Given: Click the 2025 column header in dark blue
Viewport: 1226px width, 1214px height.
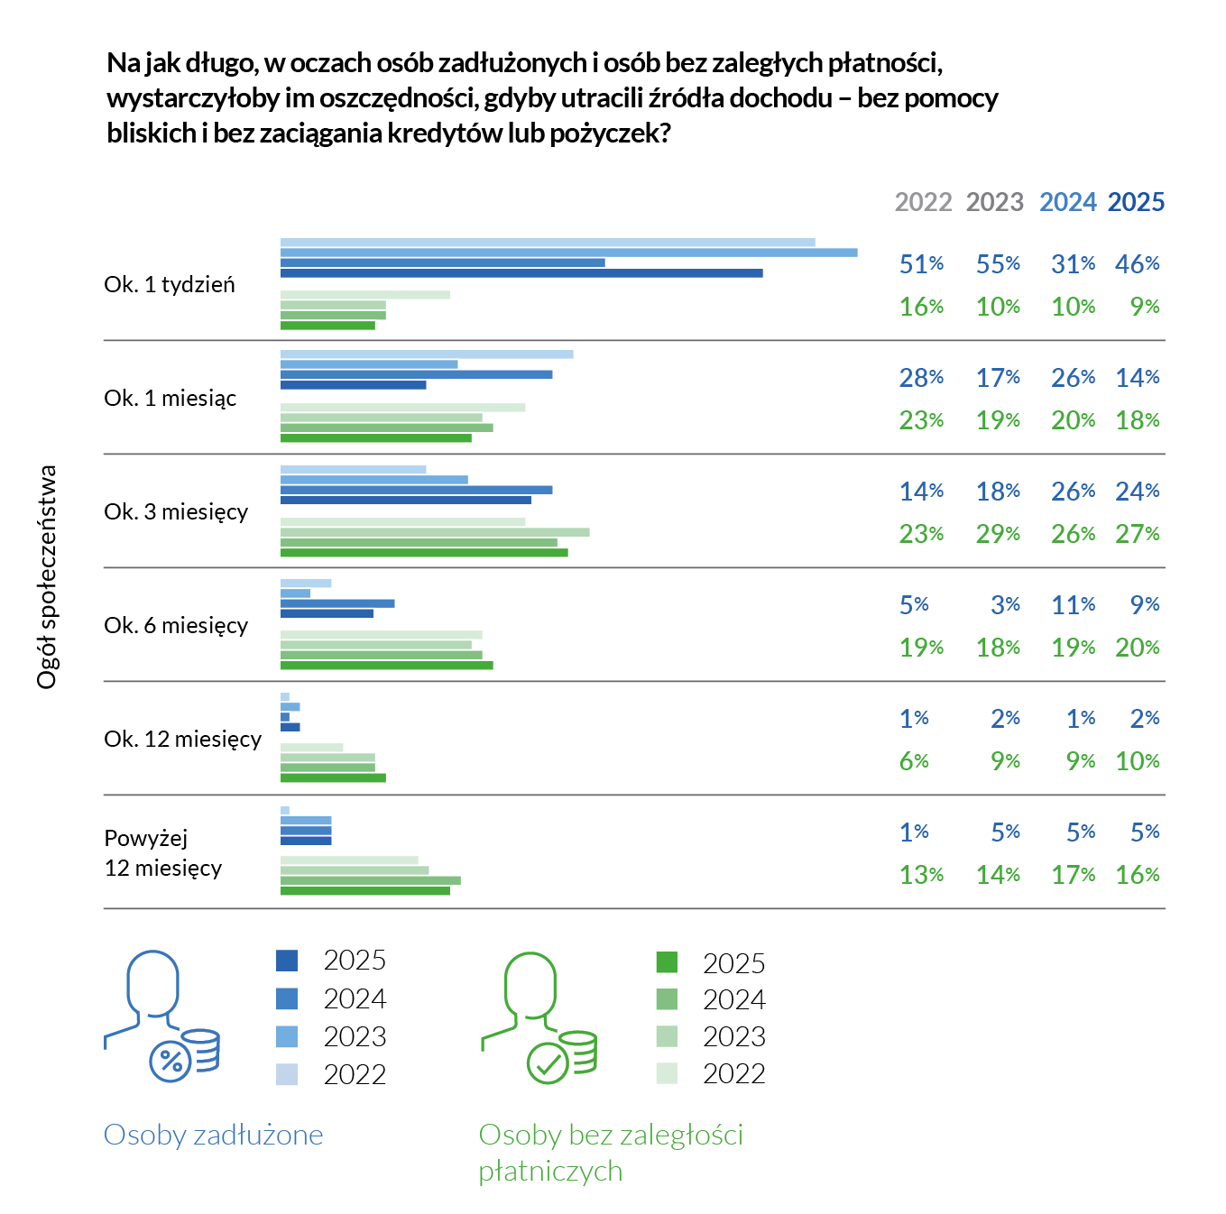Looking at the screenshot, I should [x=1136, y=202].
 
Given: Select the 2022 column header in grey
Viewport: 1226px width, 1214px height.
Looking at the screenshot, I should [x=923, y=202].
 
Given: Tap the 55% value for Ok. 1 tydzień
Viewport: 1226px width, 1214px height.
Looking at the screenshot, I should [x=998, y=264].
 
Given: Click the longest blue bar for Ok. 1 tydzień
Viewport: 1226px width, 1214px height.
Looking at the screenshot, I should [x=568, y=253].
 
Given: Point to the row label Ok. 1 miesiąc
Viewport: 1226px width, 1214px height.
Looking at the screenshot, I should [x=171, y=398].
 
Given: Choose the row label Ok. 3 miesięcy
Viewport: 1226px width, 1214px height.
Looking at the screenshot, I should [x=176, y=511].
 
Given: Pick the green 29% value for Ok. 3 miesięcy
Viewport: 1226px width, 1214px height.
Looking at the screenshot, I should [x=998, y=534].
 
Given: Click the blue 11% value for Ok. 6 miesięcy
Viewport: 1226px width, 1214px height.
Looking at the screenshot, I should [x=1073, y=605].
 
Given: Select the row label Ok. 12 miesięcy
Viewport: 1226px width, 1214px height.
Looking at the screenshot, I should [x=182, y=739].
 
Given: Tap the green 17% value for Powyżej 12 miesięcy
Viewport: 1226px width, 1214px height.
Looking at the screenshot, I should [x=1073, y=875].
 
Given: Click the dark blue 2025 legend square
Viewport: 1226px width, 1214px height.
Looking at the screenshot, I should [x=287, y=961].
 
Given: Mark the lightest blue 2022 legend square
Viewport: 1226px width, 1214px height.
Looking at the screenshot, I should [x=287, y=1074].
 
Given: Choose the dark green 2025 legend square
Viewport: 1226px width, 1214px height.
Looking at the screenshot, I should [x=667, y=962].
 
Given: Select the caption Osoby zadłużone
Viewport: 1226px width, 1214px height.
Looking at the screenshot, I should [x=213, y=1135].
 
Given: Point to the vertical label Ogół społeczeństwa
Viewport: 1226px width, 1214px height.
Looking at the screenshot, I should [x=47, y=577].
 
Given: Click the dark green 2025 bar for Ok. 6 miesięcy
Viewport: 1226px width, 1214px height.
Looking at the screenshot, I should [x=386, y=666].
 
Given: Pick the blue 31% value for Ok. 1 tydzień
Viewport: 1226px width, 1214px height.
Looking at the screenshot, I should [x=1073, y=264].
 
